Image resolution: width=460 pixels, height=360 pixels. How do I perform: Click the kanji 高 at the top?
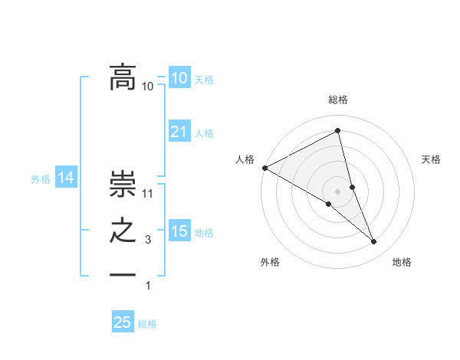(123, 77)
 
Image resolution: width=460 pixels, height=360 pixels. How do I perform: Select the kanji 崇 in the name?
(123, 184)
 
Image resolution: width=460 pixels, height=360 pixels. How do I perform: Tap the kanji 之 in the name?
(123, 231)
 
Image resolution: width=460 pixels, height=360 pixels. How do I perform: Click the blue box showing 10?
(179, 78)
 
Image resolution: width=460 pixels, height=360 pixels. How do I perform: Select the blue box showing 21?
(179, 132)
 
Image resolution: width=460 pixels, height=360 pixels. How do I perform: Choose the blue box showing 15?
(179, 231)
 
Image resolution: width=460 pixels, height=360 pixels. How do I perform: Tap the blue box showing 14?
(66, 178)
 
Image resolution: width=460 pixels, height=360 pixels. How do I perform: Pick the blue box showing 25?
(123, 322)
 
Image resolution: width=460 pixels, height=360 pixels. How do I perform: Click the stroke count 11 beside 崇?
(149, 194)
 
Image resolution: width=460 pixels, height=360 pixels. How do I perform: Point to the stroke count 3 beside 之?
(148, 241)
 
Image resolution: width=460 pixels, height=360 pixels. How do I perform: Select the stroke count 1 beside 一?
(148, 286)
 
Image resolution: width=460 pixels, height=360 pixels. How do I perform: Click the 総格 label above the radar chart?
(338, 100)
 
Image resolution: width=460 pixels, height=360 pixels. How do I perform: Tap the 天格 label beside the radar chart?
(432, 159)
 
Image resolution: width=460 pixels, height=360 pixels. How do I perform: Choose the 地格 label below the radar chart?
(402, 262)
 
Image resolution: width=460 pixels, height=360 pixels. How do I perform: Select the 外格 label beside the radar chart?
(270, 262)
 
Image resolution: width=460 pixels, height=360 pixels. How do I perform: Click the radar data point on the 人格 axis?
(264, 167)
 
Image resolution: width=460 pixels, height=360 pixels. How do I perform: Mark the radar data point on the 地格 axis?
(374, 242)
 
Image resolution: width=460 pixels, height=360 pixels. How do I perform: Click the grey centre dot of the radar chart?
(338, 191)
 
